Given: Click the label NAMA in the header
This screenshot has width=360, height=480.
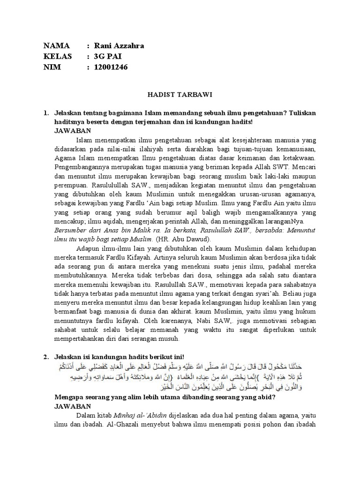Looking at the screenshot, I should tap(56, 46).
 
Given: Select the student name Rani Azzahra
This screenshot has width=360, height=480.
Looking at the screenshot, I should tap(119, 46).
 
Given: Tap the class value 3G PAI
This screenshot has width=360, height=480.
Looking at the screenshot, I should tap(108, 57).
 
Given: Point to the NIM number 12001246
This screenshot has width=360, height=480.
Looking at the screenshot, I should tap(111, 67).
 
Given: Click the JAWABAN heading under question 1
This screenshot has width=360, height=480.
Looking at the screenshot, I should tap(73, 131).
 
